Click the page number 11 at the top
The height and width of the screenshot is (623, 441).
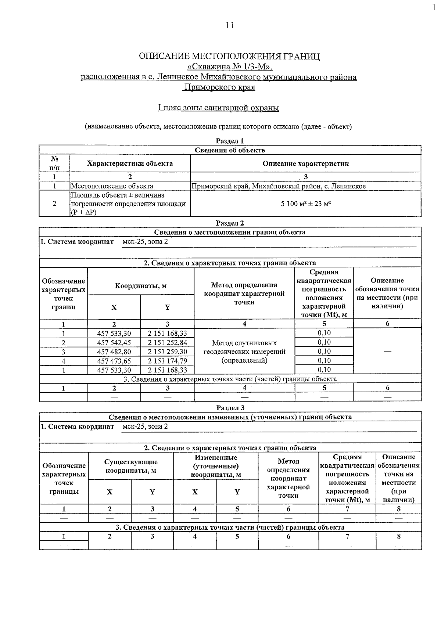[229, 25]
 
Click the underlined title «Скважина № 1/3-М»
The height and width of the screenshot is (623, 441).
[230, 67]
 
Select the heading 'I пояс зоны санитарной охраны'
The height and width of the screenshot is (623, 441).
[218, 108]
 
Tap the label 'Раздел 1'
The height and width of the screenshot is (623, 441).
[230, 141]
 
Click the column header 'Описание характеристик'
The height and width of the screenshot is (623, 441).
[305, 163]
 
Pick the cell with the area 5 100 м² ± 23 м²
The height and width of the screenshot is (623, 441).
[305, 204]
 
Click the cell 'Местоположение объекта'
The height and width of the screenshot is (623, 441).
[112, 186]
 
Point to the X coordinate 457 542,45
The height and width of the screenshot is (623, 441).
[114, 343]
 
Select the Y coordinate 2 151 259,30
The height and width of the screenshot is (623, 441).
[167, 352]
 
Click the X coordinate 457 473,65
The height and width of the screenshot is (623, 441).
[114, 361]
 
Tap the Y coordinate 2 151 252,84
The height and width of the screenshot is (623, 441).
[167, 343]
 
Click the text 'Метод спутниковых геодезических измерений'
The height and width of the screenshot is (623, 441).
[244, 347]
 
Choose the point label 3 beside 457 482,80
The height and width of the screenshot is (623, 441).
[64, 352]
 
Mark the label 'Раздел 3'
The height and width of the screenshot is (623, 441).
[230, 408]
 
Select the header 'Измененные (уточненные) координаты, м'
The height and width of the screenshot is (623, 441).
[216, 466]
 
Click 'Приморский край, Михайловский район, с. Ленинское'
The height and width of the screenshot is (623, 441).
[279, 186]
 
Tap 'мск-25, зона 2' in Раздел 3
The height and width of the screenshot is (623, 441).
[145, 426]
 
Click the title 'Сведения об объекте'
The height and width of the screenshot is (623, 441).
[230, 150]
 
